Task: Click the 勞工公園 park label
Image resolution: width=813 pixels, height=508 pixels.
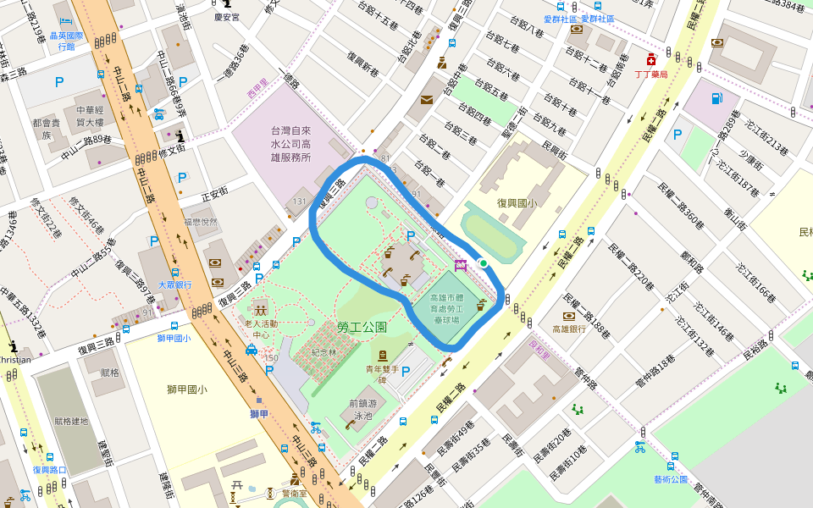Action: [362, 327]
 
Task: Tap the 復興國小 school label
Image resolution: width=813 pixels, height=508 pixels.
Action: [517, 202]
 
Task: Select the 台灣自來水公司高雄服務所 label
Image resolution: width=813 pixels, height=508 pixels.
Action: [290, 144]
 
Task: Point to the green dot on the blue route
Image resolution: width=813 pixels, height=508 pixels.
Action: [483, 263]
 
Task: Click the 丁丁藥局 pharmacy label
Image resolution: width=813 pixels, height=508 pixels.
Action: [651, 75]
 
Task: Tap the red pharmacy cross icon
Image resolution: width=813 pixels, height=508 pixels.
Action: [650, 60]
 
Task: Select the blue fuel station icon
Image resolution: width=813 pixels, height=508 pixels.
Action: [716, 97]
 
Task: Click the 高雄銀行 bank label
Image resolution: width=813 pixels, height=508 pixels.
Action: [569, 329]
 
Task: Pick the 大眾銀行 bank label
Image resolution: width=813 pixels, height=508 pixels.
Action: [174, 285]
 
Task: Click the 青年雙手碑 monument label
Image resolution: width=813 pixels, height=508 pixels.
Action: [383, 374]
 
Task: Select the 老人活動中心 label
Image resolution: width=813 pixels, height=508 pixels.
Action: [261, 329]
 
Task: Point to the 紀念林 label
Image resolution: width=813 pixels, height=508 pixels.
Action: [324, 351]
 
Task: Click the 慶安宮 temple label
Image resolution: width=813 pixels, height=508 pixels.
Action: [227, 17]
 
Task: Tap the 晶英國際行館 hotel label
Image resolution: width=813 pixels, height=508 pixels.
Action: [68, 41]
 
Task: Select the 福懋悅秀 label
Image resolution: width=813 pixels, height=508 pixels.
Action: [200, 223]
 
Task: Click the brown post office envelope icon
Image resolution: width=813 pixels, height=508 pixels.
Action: [425, 100]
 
